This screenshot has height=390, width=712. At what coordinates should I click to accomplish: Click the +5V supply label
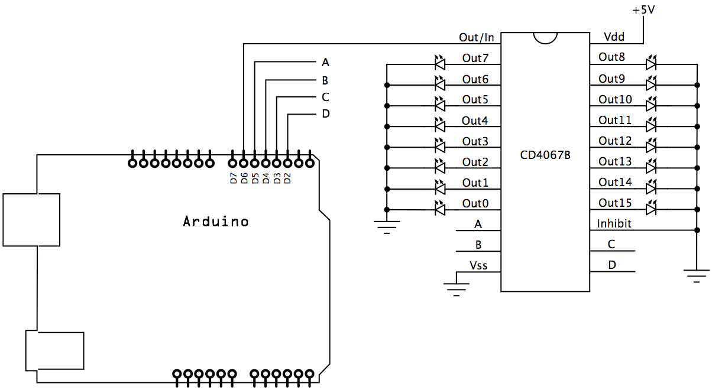tap(643, 10)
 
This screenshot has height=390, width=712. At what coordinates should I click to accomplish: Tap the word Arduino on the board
tap(215, 222)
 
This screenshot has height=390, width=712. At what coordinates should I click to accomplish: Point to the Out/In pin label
tap(476, 37)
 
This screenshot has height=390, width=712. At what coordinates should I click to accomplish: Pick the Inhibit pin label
tap(614, 224)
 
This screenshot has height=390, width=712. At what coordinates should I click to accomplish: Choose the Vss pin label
tap(478, 265)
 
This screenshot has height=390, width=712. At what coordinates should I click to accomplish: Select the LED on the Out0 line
tap(439, 209)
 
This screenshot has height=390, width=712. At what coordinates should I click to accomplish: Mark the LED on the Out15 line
tap(652, 209)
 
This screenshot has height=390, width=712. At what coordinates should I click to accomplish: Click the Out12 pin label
tap(615, 141)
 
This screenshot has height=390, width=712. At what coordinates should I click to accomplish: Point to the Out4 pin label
tap(475, 121)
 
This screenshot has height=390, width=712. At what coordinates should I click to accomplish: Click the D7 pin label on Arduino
tap(234, 178)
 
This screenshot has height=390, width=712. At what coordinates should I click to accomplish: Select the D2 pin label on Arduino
tap(287, 178)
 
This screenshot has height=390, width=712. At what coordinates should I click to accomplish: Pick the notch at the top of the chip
tap(545, 38)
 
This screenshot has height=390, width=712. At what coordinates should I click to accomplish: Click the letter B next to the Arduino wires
tap(325, 80)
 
